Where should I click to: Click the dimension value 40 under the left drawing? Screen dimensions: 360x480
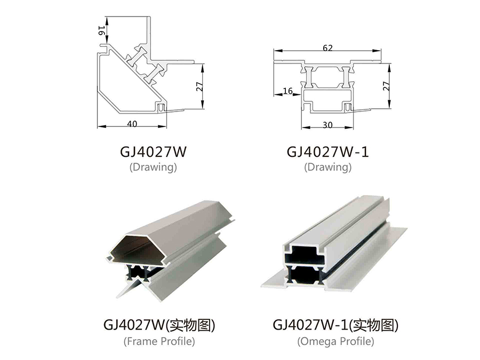pos(132,124)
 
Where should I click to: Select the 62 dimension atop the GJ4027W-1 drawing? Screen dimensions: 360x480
pos(327,48)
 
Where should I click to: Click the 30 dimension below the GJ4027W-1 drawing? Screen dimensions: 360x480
pos(327,124)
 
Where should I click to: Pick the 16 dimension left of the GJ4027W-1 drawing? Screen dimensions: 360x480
pos(287,91)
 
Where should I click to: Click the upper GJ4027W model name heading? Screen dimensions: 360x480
pos(153,152)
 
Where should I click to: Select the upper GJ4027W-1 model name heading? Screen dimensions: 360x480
pos(327,152)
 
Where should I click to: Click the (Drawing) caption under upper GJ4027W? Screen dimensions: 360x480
pos(153,167)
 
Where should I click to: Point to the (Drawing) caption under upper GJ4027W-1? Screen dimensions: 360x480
pos(327,167)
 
